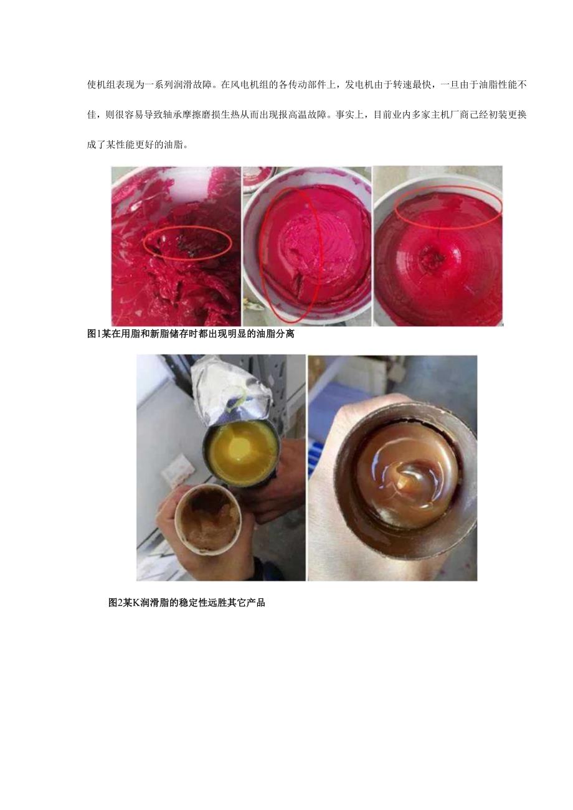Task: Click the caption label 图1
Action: pos(94,334)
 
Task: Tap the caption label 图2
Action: pos(115,603)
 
